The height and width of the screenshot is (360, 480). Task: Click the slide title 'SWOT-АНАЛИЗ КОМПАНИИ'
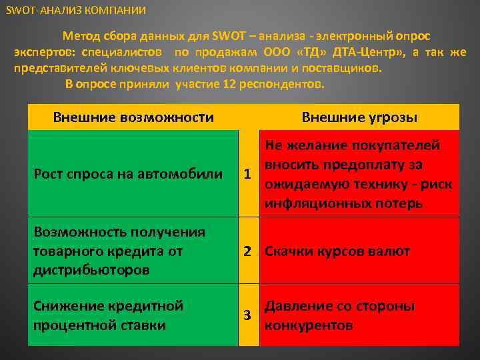point(75,11)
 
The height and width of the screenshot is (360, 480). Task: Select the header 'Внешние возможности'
point(133,118)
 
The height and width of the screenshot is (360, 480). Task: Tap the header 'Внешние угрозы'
point(359,118)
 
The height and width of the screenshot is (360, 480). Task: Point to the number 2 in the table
point(247,251)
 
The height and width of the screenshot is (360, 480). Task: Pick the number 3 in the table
point(247,315)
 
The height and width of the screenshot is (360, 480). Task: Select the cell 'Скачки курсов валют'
point(337,251)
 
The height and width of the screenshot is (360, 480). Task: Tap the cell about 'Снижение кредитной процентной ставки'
point(108,316)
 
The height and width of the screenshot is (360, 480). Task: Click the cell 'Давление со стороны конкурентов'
point(340,316)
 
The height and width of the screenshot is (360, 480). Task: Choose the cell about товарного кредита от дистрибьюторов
point(119,251)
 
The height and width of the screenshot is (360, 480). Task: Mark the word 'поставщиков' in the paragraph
point(344,67)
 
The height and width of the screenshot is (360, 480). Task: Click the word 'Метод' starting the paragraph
point(80,36)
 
